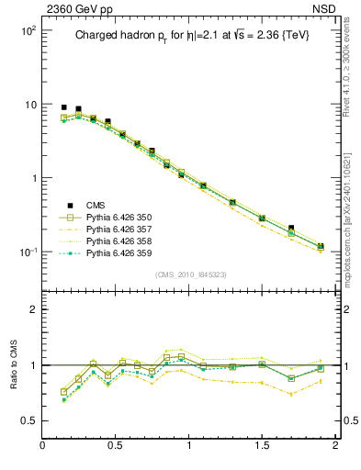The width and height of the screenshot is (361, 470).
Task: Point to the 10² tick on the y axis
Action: point(27,30)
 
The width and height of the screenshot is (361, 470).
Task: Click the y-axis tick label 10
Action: point(29,105)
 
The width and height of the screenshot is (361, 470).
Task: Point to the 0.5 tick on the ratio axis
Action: point(28,421)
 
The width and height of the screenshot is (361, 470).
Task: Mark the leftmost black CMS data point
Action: point(63,107)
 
